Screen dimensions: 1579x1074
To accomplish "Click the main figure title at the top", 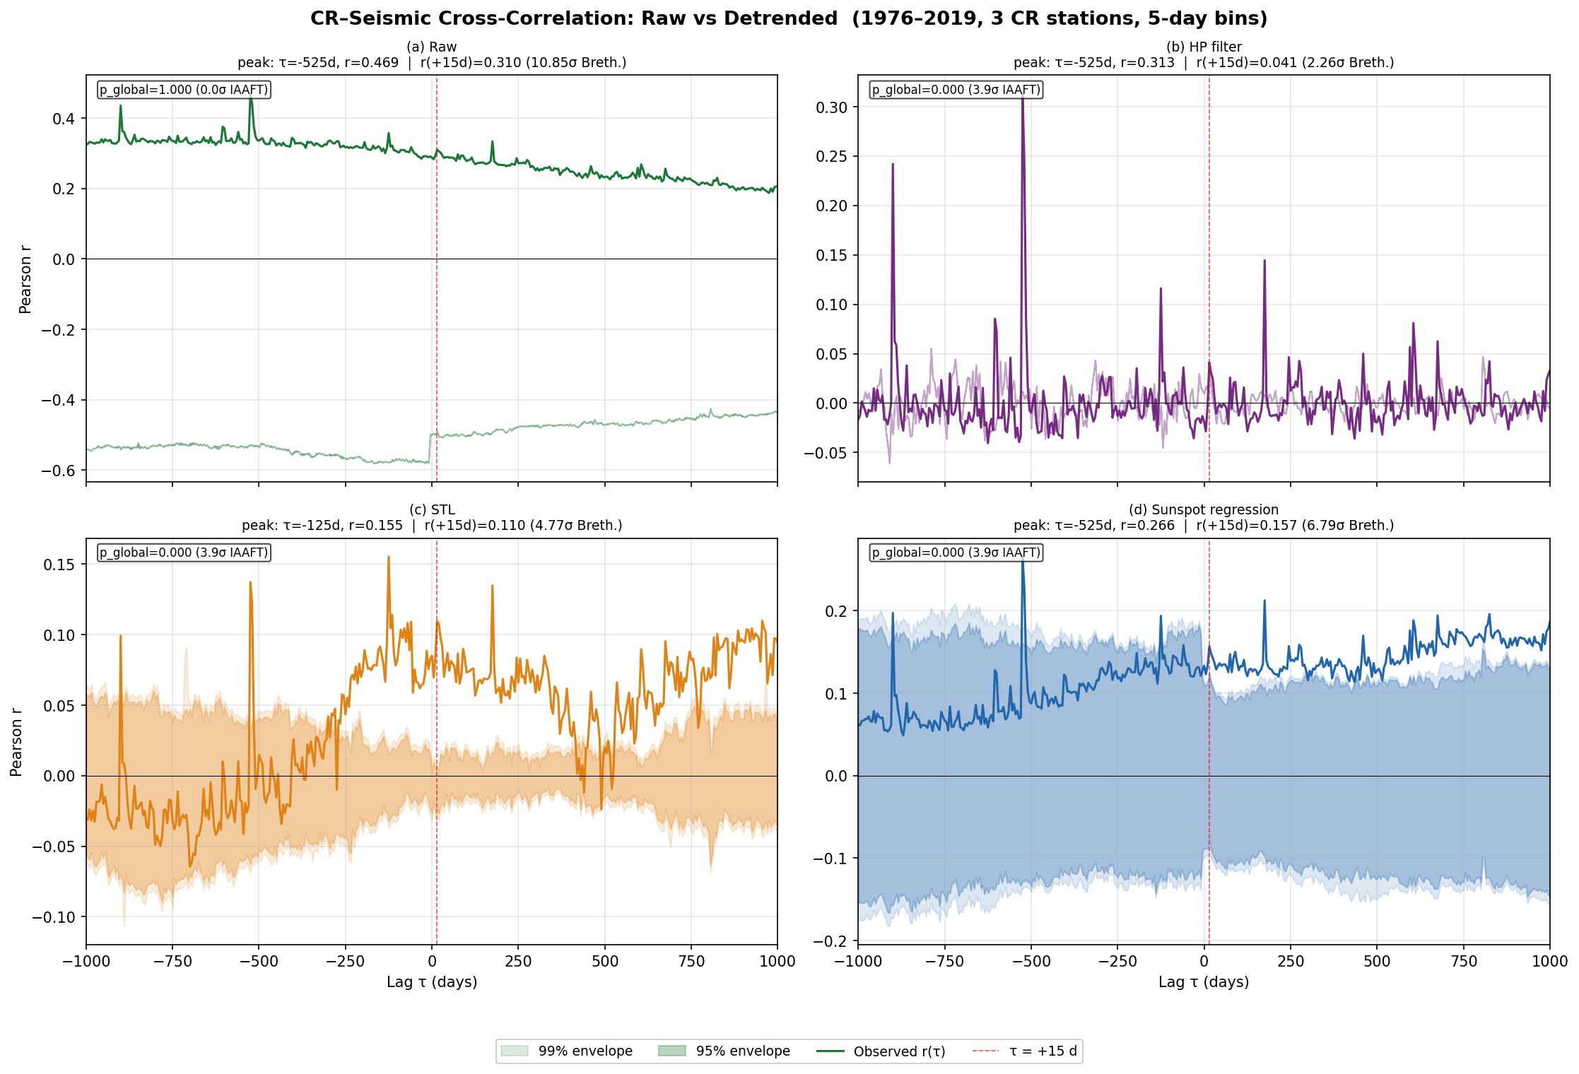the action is (789, 18).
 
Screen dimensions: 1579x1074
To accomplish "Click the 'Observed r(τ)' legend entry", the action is (881, 1051).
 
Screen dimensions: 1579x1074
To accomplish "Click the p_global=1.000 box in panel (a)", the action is (184, 90).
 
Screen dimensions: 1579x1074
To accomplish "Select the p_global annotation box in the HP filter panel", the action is (956, 90).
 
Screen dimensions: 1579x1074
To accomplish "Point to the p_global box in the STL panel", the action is (184, 553).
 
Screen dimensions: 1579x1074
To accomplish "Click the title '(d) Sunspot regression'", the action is (1204, 509).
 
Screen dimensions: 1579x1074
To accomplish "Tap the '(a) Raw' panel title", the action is (432, 47).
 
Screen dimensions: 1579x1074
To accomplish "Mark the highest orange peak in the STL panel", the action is (389, 557).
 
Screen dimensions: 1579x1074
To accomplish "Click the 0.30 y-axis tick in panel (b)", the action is (832, 107).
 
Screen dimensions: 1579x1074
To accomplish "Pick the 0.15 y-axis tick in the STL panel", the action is (59, 565).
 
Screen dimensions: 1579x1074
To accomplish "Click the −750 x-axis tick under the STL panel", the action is (172, 961).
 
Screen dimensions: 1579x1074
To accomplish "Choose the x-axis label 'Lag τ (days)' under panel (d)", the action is (1204, 982).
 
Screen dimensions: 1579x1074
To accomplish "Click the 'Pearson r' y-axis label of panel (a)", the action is (25, 279).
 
